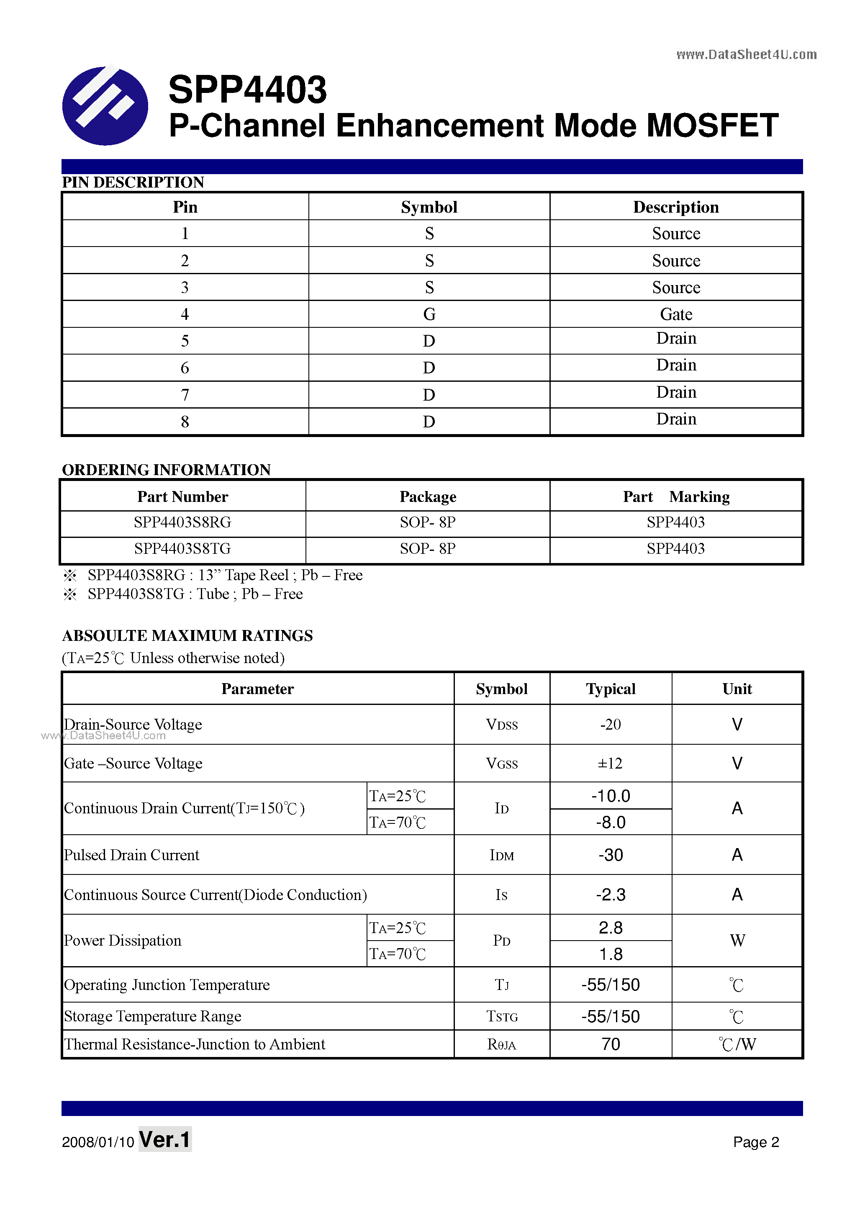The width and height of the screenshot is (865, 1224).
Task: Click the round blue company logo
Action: click(105, 105)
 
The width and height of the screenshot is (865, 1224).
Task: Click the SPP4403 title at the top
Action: click(247, 90)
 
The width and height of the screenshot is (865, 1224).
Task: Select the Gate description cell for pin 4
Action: click(676, 314)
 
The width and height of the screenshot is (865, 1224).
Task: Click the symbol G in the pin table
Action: click(429, 314)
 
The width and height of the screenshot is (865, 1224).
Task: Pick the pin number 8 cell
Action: click(185, 422)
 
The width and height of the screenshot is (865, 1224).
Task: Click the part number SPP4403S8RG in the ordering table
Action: click(182, 522)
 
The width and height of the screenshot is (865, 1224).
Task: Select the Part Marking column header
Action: click(676, 496)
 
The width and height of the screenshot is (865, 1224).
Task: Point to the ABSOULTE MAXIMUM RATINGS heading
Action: click(187, 635)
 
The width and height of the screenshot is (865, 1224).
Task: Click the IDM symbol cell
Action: click(501, 855)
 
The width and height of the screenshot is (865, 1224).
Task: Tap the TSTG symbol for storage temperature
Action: click(501, 1017)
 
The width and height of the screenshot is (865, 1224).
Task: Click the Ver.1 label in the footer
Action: click(165, 1140)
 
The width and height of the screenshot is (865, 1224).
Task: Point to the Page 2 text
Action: click(756, 1142)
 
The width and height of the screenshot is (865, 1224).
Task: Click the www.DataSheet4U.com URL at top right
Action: click(746, 54)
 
